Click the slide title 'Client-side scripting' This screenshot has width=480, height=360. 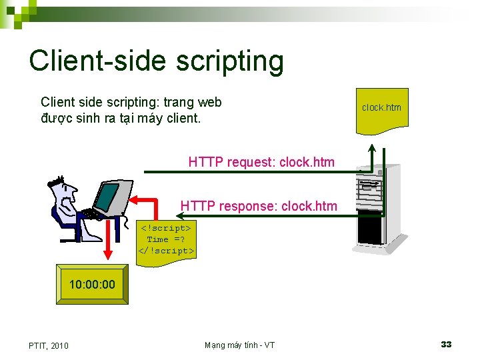pyautogui.click(x=156, y=61)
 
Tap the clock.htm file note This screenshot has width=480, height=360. pyautogui.click(x=381, y=109)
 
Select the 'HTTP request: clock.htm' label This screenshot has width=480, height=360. pyautogui.click(x=261, y=161)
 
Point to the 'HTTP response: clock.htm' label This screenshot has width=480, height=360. pyautogui.click(x=259, y=206)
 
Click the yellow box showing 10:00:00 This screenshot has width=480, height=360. pyautogui.click(x=92, y=285)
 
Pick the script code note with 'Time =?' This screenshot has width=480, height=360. pyautogui.click(x=167, y=240)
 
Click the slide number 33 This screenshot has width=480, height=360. pyautogui.click(x=446, y=344)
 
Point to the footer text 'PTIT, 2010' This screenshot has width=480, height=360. pyautogui.click(x=48, y=345)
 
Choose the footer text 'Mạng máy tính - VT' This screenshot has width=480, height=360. pyautogui.click(x=239, y=345)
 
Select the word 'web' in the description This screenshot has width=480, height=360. pyautogui.click(x=210, y=102)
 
